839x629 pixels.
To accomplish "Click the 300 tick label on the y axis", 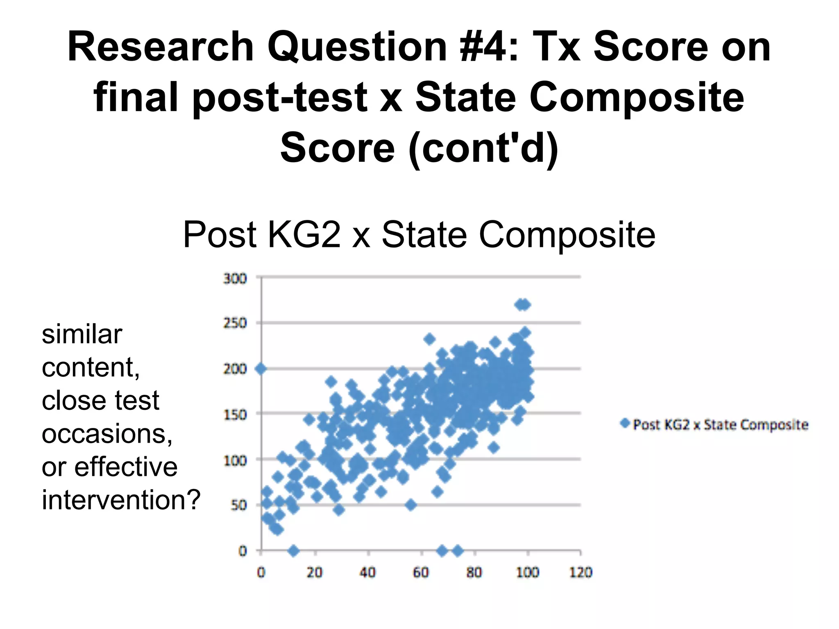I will tap(235, 279).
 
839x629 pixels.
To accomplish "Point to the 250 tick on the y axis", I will tap(235, 324).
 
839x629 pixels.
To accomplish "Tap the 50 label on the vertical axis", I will tap(238, 505).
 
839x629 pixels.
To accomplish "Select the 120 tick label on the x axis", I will tap(580, 572).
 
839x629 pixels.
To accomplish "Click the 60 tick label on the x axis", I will tap(421, 572).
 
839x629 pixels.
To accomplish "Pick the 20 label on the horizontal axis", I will tap(314, 572).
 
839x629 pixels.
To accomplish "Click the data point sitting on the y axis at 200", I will tap(261, 369).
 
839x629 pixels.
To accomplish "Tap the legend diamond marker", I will tap(625, 423).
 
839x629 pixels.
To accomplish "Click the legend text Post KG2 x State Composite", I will tap(721, 425).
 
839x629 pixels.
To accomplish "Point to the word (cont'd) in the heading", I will tap(483, 148).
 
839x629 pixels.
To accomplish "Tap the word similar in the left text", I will tap(82, 334).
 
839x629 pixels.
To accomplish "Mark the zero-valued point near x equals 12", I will tap(293, 551).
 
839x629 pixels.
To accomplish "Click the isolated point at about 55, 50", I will tap(411, 505).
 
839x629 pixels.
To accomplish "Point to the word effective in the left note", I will tap(126, 467).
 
